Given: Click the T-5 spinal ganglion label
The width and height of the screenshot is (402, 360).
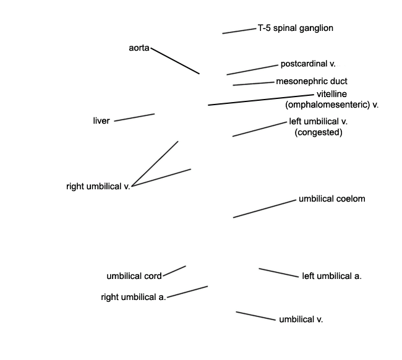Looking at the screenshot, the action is click(296, 28).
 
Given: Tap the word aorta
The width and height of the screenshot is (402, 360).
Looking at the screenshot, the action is click(139, 48).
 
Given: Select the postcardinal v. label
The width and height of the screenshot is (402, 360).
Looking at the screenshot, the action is click(308, 64).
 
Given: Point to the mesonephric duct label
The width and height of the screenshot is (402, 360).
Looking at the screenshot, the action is click(312, 81).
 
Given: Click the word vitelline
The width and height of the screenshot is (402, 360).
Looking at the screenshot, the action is click(331, 94).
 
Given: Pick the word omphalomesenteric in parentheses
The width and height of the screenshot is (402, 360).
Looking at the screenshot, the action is click(328, 105).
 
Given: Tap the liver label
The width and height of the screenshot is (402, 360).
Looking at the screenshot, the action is click(101, 121).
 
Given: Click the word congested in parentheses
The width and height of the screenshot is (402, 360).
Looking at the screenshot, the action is click(319, 132).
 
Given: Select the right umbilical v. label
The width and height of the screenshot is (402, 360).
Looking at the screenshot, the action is click(98, 186).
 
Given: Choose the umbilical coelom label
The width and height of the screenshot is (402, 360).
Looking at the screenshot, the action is click(332, 199).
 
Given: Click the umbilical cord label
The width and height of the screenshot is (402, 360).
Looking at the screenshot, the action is click(134, 276).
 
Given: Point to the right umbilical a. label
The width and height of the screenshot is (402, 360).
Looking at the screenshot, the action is click(134, 297).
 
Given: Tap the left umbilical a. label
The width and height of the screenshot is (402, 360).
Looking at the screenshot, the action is click(331, 276).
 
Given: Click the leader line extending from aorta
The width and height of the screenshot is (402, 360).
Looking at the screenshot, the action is click(175, 61).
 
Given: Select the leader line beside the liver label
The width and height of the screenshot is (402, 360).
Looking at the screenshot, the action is click(134, 118).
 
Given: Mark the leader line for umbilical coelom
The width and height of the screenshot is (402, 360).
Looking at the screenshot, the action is click(265, 208).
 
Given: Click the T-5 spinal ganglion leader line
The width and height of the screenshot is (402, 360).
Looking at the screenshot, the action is click(239, 31).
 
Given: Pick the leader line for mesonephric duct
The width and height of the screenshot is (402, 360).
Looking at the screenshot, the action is click(254, 84).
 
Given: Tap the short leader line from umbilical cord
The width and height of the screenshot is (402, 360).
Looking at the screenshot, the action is click(174, 271).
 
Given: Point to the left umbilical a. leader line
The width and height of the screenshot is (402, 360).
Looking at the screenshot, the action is click(279, 273).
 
